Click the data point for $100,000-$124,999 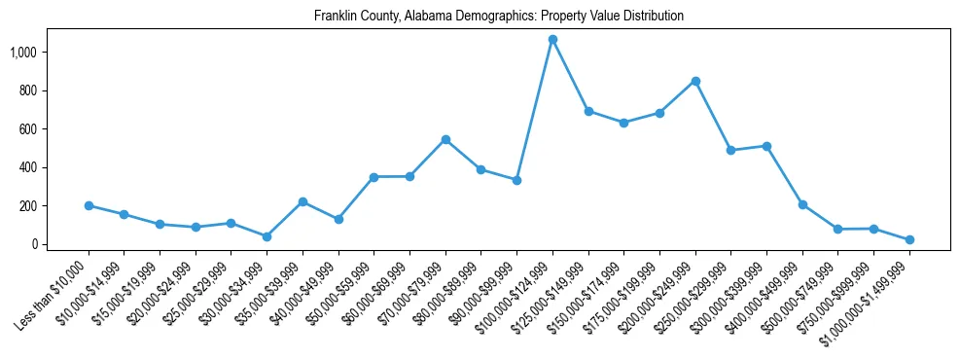[x=552, y=40]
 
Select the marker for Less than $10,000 [x=89, y=205]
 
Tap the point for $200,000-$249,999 [x=695, y=81]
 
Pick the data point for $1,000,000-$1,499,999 [x=909, y=239]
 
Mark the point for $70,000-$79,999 [x=445, y=139]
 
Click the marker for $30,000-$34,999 [x=267, y=236]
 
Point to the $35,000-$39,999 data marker [x=302, y=201]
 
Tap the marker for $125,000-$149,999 [x=588, y=111]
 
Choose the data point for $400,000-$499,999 [x=802, y=204]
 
